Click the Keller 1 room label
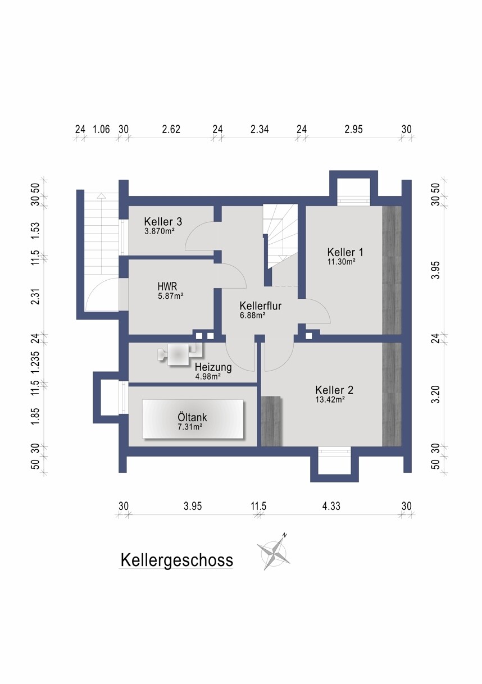[345, 252]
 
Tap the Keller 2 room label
[334, 390]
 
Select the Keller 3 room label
[163, 221]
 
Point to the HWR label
[167, 286]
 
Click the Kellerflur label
[260, 305]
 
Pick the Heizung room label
[213, 367]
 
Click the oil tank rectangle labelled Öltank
[193, 419]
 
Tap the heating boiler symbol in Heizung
[180, 354]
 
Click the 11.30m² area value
[341, 261]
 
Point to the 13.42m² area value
[330, 399]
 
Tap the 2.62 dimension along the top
[171, 129]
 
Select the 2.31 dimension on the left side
[36, 297]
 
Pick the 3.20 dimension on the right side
[436, 395]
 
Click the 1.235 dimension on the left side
[36, 362]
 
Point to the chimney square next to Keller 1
[309, 336]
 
